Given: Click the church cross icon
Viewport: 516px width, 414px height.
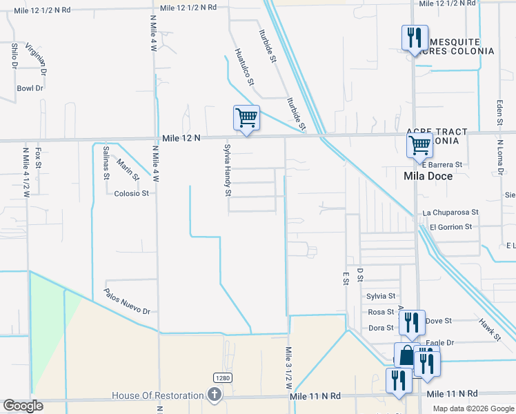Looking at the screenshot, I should (215, 395).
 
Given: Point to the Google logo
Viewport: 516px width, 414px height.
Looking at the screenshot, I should (23, 406).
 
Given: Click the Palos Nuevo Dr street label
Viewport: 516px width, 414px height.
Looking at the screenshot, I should (128, 302).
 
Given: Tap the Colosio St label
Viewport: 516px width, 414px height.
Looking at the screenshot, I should (132, 193).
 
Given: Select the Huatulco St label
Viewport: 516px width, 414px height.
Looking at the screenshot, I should (244, 66).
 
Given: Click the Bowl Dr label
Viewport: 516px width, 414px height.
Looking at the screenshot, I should (30, 88).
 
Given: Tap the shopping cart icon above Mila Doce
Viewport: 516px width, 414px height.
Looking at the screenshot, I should (419, 146).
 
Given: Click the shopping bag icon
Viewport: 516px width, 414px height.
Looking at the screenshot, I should (406, 356).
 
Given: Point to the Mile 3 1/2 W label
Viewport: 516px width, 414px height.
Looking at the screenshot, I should (288, 369).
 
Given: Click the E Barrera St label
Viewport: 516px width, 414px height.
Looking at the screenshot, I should (441, 166).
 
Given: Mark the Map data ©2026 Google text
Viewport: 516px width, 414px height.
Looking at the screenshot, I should (473, 408).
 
